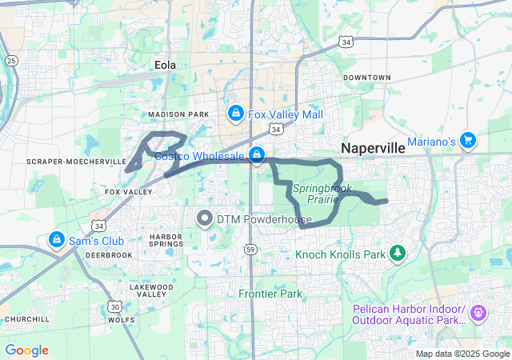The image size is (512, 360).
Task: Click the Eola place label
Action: tap(165, 65)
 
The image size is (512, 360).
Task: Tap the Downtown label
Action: tap(366, 78)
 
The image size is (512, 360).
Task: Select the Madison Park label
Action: tap(166, 114)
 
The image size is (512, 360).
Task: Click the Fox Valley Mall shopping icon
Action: tap(235, 114)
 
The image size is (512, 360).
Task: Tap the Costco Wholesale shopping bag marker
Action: tap(257, 155)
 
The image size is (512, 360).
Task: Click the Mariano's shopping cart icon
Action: tap(469, 142)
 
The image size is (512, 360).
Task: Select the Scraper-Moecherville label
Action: tap(66, 162)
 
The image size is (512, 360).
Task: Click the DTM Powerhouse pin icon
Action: tap(205, 218)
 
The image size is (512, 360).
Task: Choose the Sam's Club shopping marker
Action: tap(57, 239)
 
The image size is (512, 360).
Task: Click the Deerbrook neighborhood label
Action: tap(110, 255)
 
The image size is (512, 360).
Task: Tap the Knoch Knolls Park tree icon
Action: tap(398, 254)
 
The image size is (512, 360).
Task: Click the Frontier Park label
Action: tap(270, 294)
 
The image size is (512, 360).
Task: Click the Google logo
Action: tap(26, 350)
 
